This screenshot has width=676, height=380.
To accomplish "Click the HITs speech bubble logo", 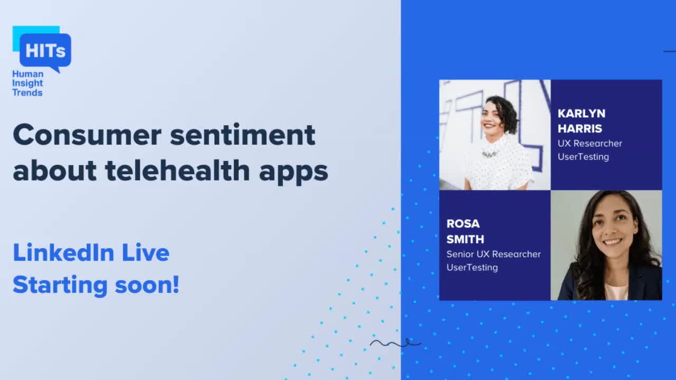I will click(45, 50).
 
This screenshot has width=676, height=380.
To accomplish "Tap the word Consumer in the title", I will click(87, 135).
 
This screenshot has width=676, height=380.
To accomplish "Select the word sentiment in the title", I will click(243, 135).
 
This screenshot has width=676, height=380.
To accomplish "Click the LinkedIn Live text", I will click(91, 253).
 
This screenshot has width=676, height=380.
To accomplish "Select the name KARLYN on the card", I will click(581, 113).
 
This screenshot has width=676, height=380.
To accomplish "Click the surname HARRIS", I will click(580, 128).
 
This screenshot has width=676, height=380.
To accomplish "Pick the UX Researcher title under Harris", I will click(590, 144).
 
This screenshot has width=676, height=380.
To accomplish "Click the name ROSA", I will click(463, 224).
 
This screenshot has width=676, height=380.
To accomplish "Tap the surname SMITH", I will click(465, 239).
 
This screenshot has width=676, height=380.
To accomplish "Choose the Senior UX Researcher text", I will click(493, 254).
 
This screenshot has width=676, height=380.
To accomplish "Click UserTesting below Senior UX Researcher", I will click(472, 268).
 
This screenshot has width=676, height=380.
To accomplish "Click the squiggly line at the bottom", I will click(395, 344).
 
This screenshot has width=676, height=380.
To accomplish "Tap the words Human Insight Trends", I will click(27, 83).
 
